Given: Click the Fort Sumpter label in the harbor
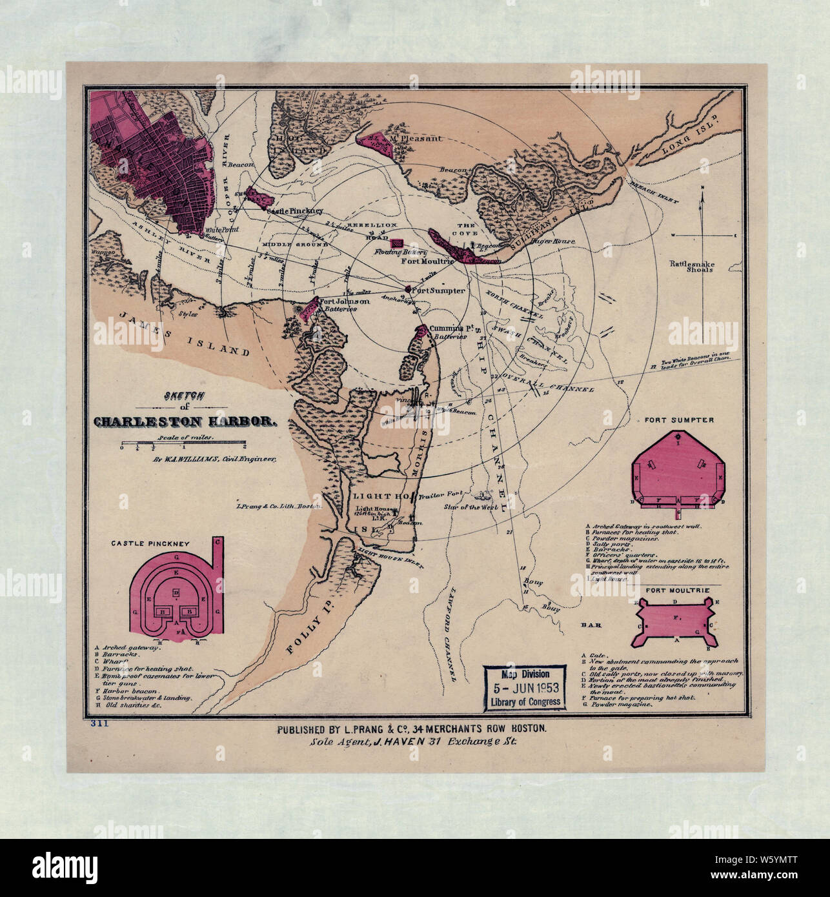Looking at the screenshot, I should point(439,291).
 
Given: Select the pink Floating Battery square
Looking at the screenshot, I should point(399,242).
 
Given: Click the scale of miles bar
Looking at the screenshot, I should point(183,445).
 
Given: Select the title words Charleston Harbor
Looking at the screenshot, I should point(185,423).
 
